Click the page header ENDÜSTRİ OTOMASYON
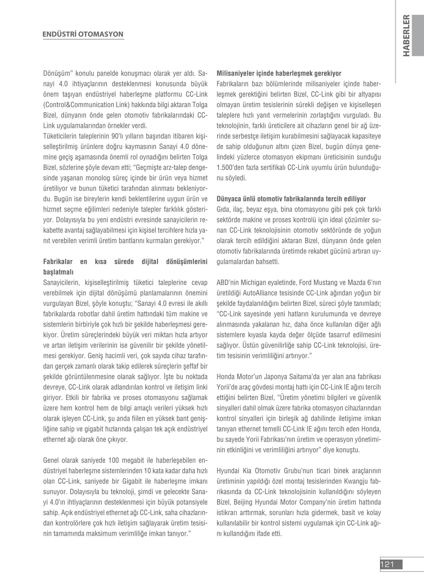(x=83, y=34)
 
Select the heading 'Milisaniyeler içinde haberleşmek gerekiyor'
(x=279, y=74)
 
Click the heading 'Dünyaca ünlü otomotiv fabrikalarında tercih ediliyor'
(x=291, y=199)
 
